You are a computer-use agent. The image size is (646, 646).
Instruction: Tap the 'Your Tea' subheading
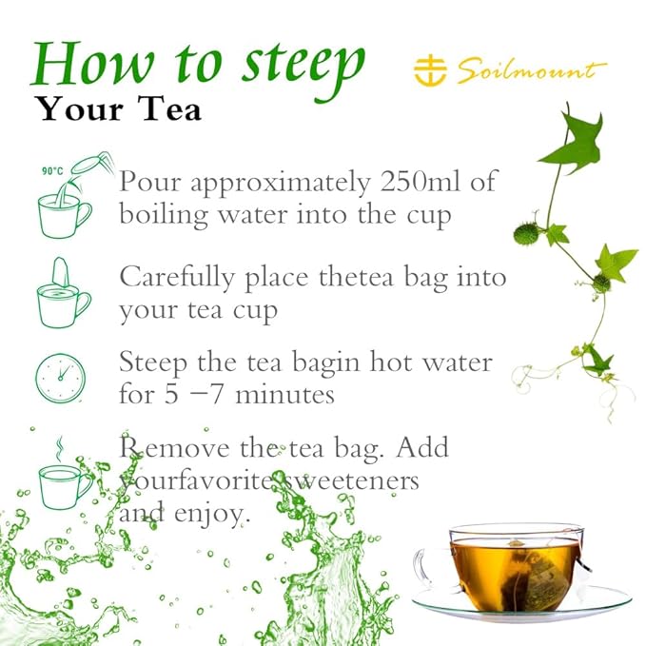tap(119, 109)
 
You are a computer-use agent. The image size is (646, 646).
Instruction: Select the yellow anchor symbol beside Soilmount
tap(431, 69)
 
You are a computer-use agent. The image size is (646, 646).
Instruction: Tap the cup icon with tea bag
tap(62, 295)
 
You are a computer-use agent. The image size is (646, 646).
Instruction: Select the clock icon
tap(60, 378)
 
